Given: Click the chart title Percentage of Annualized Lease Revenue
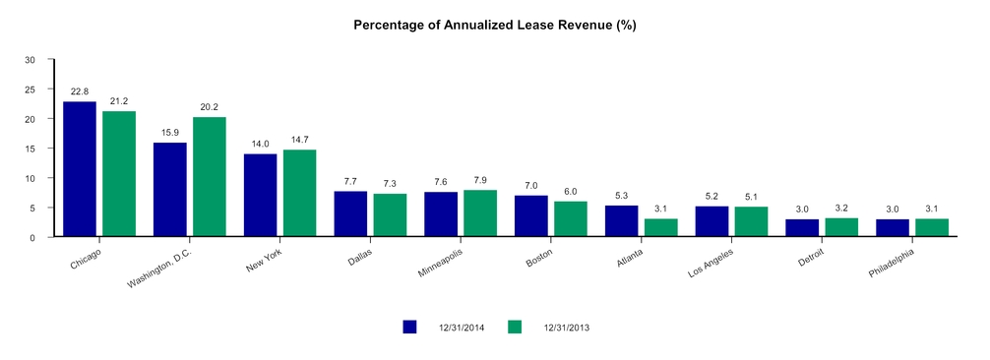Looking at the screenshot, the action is (x=494, y=26).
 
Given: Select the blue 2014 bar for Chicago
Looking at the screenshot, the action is (x=80, y=169).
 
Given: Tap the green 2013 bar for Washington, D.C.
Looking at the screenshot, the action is (x=209, y=177).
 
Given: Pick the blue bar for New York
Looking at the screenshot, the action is (x=260, y=195).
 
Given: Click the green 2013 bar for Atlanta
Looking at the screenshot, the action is (x=661, y=228).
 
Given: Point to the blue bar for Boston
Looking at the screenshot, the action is (x=531, y=216).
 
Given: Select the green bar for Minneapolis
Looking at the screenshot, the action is (x=480, y=213).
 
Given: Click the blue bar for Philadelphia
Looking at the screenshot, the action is (x=893, y=228).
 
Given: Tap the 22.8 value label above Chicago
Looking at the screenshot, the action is (x=80, y=91).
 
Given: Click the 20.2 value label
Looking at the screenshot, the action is (x=209, y=107).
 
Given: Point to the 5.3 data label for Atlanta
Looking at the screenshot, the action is (x=621, y=196).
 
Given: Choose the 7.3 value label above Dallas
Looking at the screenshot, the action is (x=390, y=184).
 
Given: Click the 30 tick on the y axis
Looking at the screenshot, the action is (x=31, y=59).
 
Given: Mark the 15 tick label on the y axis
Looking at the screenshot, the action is (x=31, y=149).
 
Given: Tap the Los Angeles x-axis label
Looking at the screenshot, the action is (x=711, y=263).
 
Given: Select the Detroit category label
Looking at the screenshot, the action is (x=811, y=258).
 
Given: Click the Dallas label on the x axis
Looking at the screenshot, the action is (x=360, y=258).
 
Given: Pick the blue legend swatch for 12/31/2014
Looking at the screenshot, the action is (x=409, y=327).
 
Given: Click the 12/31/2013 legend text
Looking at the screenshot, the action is (x=566, y=328).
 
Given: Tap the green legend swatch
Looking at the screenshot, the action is (x=515, y=327).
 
